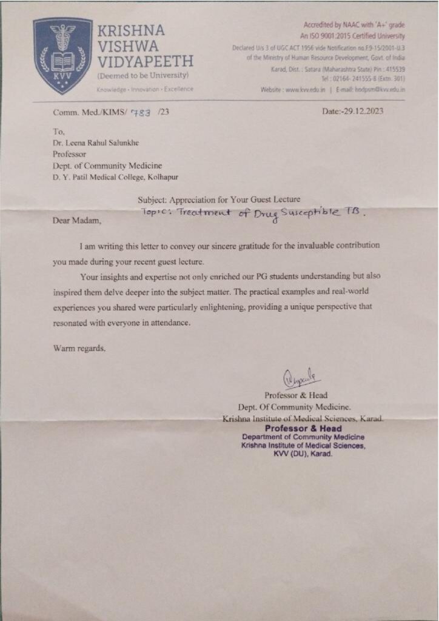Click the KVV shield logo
point(62,55)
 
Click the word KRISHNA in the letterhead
point(130,31)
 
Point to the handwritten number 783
point(142,111)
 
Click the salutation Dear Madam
point(78,221)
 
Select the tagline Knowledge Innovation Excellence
point(145,89)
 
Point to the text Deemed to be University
point(143,75)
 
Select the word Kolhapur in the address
point(163,177)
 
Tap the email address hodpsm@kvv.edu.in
point(379,89)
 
